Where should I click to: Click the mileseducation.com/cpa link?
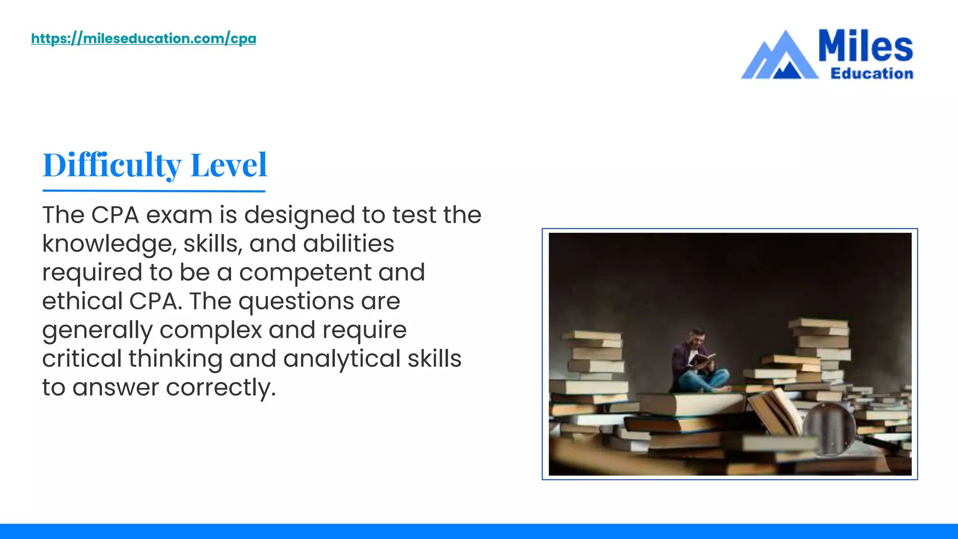point(144,38)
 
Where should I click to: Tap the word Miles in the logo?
point(865,46)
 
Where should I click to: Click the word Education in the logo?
point(871,73)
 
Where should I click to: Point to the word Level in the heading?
point(229,165)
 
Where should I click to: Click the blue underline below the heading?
point(154,191)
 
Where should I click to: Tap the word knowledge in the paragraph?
point(109,244)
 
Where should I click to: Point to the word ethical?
point(82,301)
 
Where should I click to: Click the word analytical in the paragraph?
point(341,359)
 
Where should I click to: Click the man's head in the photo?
point(698,336)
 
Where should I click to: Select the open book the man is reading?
point(702,359)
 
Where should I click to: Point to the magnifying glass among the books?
point(830,428)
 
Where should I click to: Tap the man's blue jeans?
point(704,380)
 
